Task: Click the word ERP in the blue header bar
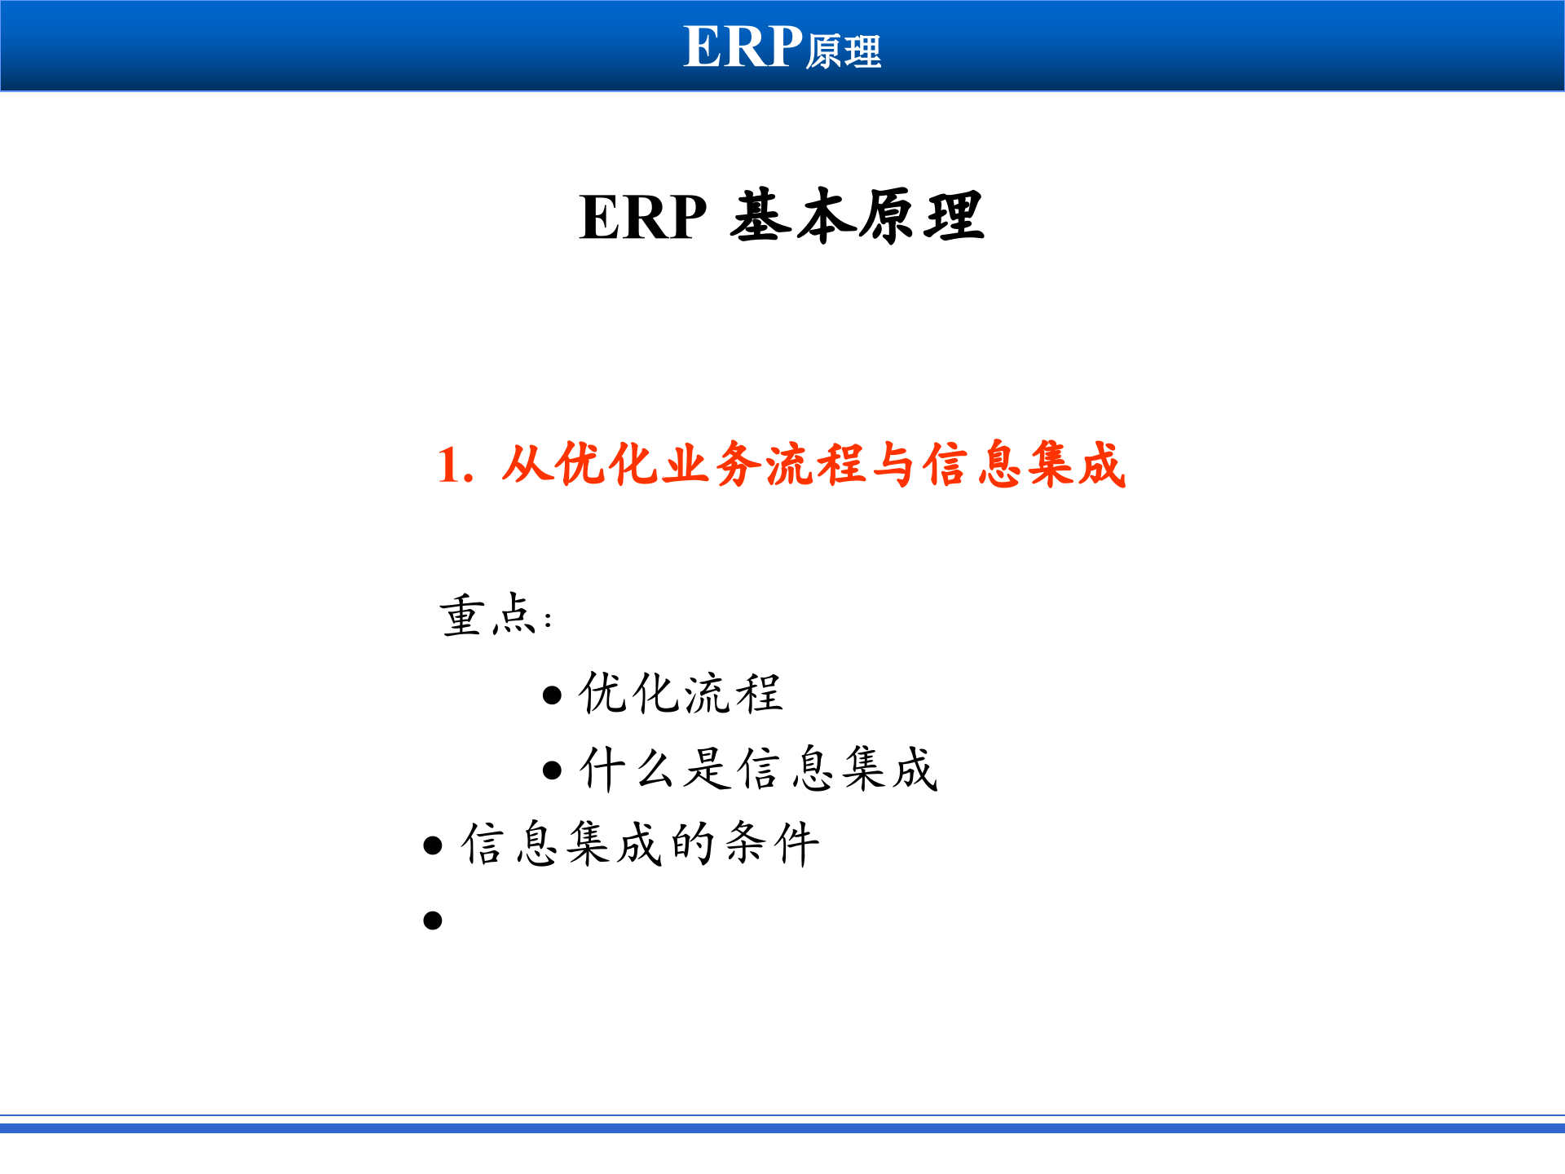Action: click(743, 46)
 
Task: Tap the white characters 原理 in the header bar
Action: click(844, 52)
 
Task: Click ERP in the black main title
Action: click(642, 218)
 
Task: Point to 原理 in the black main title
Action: click(921, 216)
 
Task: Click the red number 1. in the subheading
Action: click(455, 466)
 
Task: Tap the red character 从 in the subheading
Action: click(526, 465)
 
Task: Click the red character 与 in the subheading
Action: click(893, 465)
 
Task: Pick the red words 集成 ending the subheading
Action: click(1076, 465)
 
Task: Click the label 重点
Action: click(487, 615)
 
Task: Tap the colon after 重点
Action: click(548, 620)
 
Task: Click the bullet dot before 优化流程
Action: click(552, 695)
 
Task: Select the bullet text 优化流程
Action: click(681, 694)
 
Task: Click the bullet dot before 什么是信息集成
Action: click(552, 770)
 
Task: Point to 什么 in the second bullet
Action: click(628, 769)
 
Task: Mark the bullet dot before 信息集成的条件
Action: click(433, 845)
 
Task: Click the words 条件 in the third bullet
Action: click(771, 844)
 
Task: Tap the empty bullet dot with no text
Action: click(433, 920)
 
